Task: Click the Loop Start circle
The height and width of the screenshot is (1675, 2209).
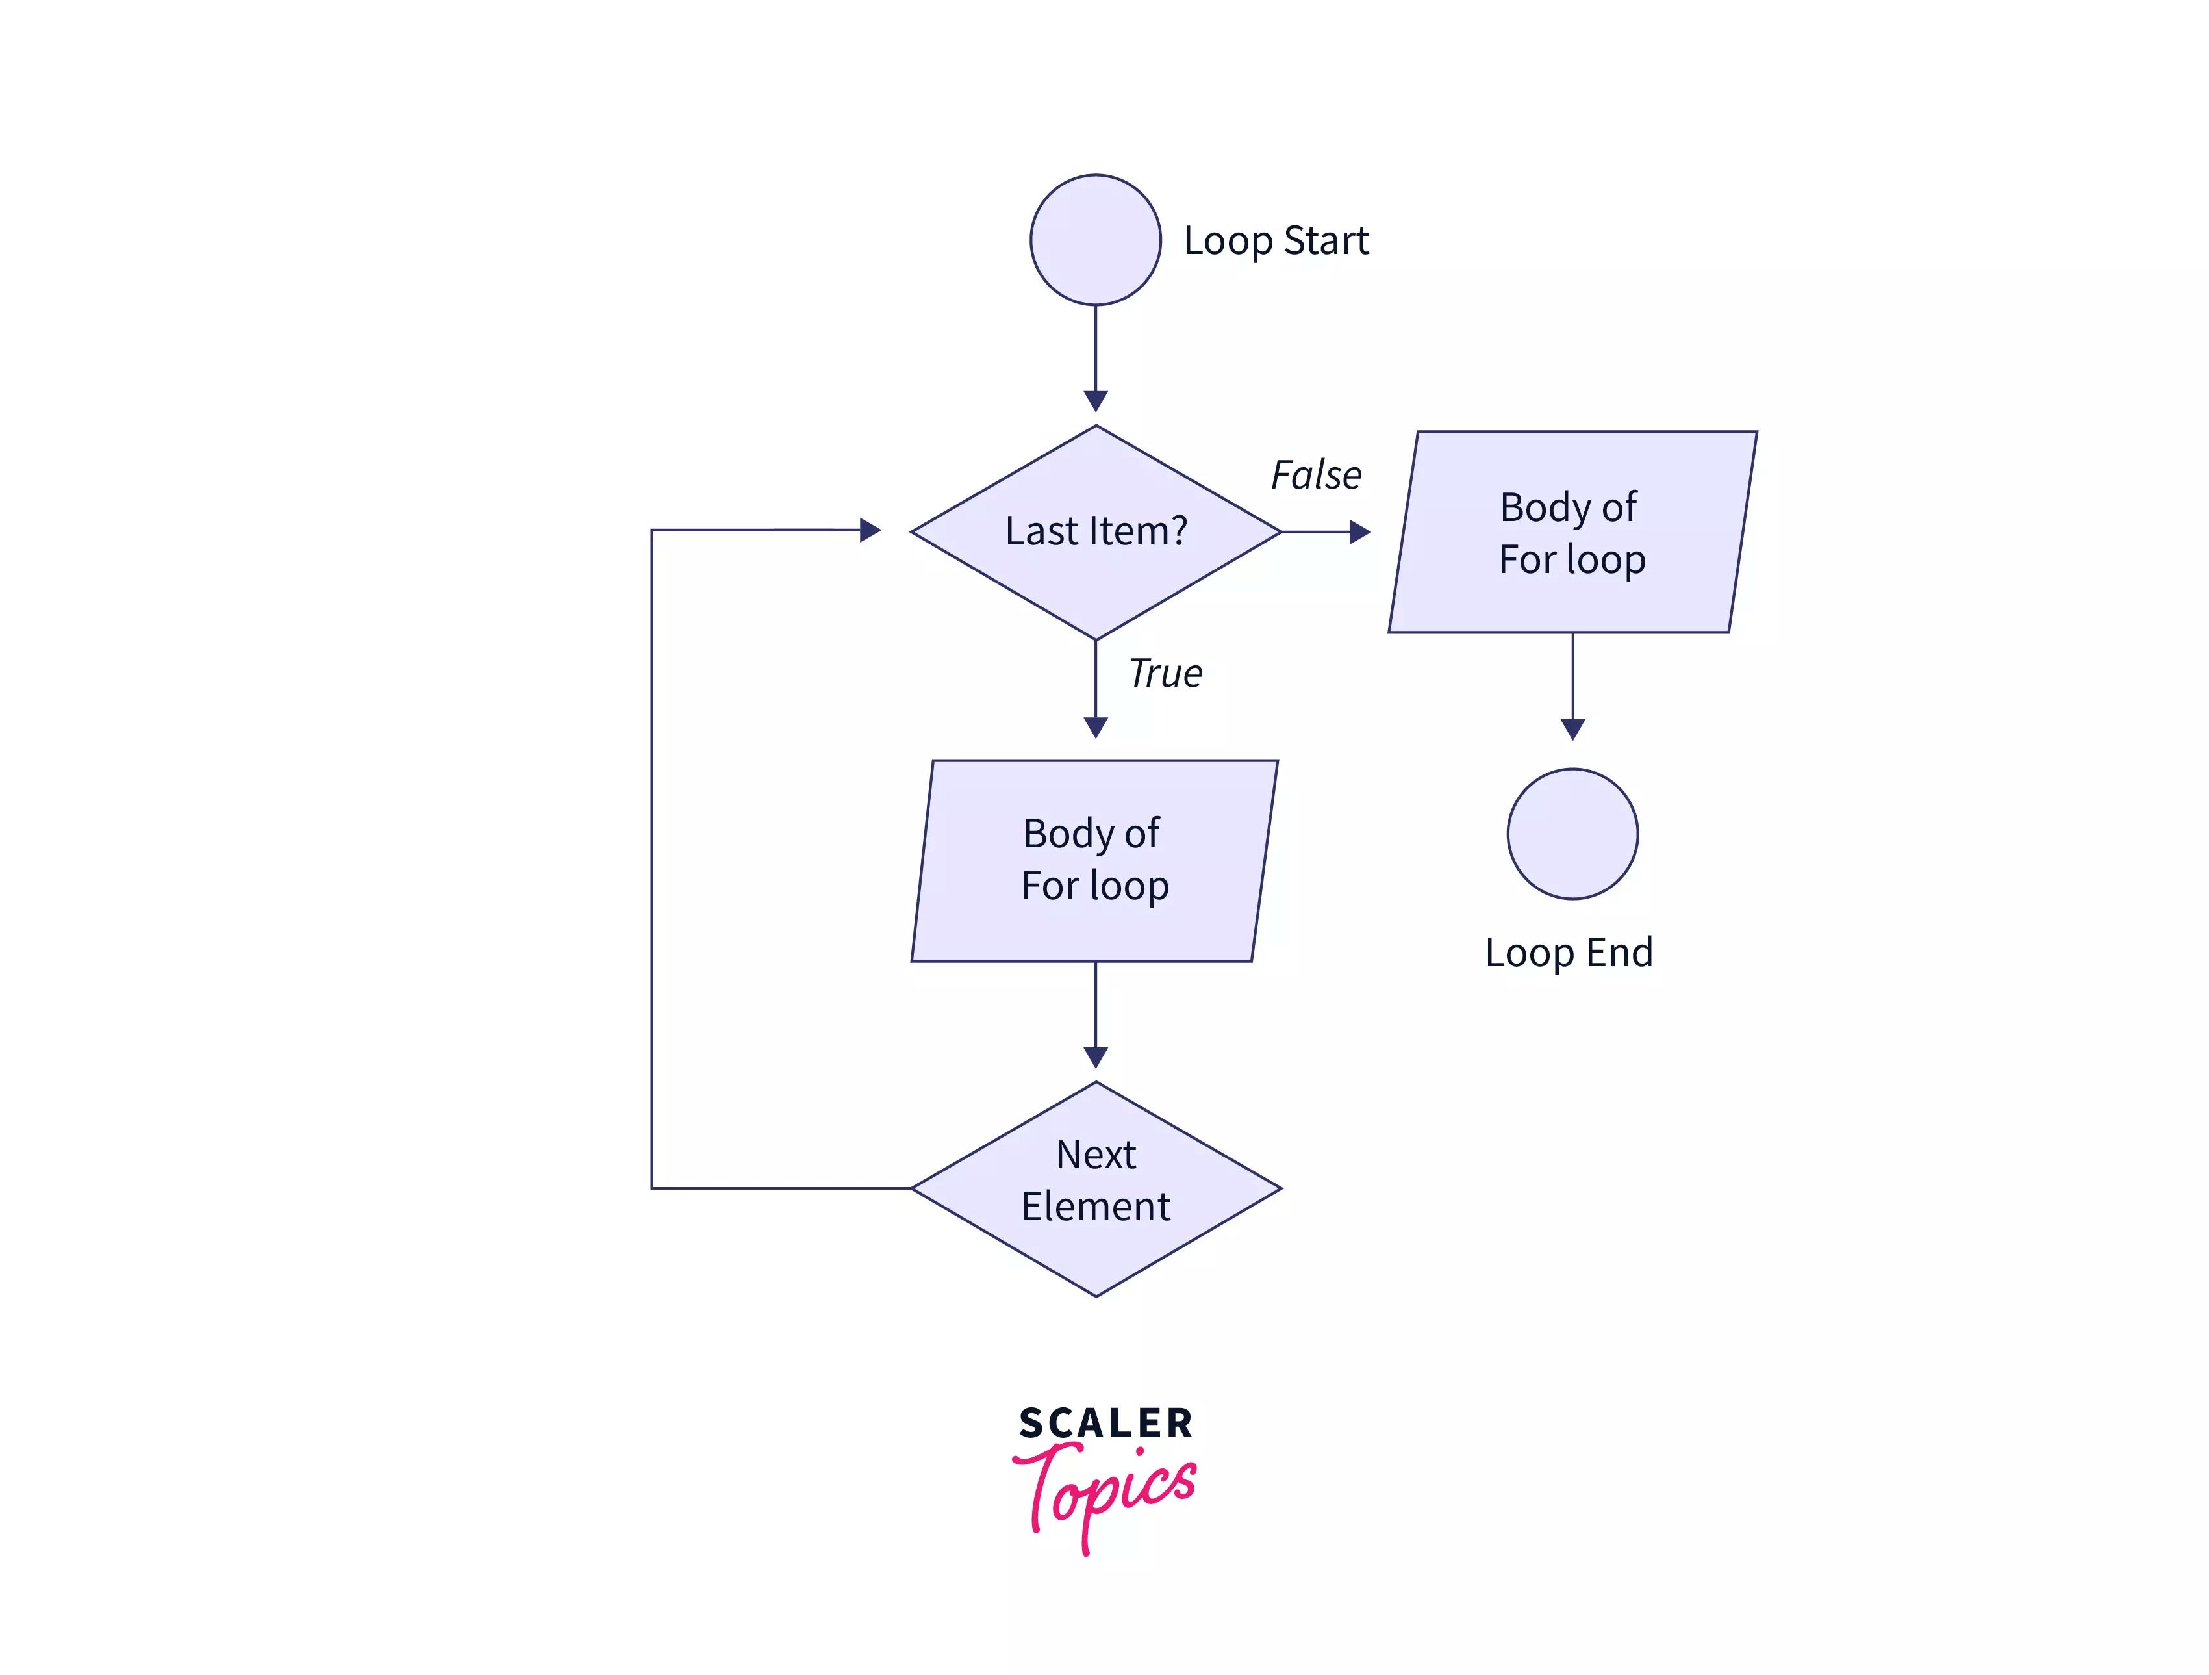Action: click(1096, 240)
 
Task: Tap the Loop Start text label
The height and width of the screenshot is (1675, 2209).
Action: click(1275, 240)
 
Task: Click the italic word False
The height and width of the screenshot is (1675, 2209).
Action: click(1315, 476)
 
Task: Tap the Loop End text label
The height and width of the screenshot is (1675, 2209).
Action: click(1569, 952)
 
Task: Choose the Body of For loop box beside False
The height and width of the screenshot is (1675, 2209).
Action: click(1573, 532)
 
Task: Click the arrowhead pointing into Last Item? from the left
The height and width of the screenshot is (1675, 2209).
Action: click(870, 530)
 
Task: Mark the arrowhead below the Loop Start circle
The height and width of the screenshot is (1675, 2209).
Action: click(1096, 400)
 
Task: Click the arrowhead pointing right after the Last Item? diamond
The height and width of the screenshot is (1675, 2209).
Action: click(1359, 532)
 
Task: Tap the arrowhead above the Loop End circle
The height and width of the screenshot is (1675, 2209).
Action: click(1573, 729)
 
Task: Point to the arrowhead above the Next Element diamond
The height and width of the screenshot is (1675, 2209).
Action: click(1096, 1056)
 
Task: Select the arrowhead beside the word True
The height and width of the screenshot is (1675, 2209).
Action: click(1096, 727)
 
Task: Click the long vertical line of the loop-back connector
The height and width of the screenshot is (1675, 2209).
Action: click(652, 859)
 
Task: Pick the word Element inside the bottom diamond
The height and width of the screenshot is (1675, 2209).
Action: click(1096, 1207)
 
